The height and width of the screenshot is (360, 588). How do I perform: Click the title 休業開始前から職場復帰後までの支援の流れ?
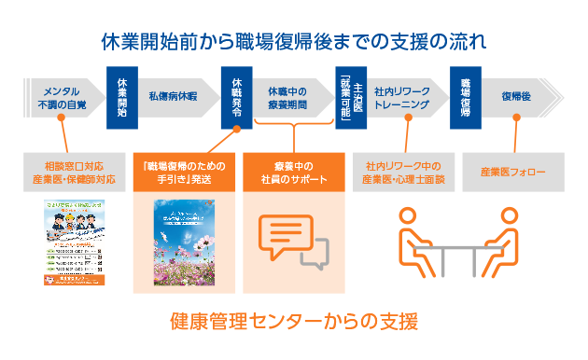pyautogui.click(x=294, y=42)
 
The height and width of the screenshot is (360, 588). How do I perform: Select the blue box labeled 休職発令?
pyautogui.click(x=236, y=96)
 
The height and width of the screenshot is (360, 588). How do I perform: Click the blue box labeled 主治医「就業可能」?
pyautogui.click(x=351, y=97)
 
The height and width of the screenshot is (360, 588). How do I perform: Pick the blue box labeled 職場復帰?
pyautogui.click(x=465, y=96)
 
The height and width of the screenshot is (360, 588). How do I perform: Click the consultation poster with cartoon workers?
pyautogui.click(x=72, y=242)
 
